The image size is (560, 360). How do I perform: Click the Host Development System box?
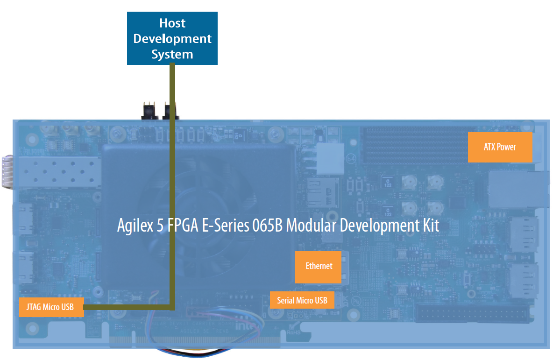(x=172, y=38)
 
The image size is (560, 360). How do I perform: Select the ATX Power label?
(x=500, y=147)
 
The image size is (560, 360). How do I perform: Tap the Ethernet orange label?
(x=319, y=267)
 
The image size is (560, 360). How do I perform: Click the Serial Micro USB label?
(x=302, y=300)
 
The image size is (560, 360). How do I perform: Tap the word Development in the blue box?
(x=172, y=39)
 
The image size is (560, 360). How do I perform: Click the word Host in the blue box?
(x=172, y=23)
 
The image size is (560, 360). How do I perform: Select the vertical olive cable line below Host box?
(x=172, y=187)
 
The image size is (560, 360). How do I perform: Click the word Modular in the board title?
(x=310, y=226)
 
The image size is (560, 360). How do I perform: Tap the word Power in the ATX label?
(x=507, y=147)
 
